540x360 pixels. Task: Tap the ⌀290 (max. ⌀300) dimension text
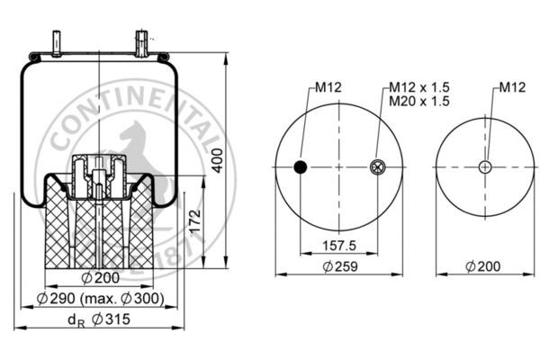tap(101, 298)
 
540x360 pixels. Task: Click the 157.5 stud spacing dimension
tap(337, 245)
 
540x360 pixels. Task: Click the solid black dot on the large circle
tap(301, 166)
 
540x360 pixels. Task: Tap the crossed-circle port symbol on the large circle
tap(376, 166)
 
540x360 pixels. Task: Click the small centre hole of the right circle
tap(485, 166)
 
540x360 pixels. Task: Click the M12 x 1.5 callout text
tap(418, 87)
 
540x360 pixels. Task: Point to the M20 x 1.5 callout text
tap(418, 101)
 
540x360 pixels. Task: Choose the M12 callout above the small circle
tap(512, 87)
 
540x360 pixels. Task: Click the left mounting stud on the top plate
tap(56, 44)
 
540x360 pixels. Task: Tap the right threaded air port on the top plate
tap(141, 42)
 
